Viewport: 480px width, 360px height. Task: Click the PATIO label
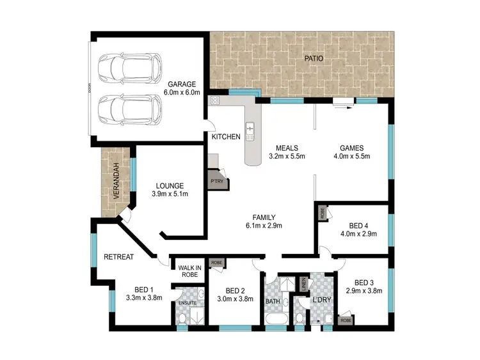point(313,58)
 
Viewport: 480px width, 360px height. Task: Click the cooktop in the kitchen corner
point(214,100)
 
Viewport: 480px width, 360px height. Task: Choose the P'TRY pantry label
point(216,181)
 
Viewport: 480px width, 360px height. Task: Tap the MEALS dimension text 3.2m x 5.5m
point(286,155)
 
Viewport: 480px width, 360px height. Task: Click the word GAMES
point(353,146)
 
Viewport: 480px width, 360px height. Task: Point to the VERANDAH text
point(116,182)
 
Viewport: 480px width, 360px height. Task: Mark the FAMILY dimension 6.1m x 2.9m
point(264,225)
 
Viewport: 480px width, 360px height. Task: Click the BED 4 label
point(358,224)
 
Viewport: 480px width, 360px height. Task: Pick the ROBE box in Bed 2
point(216,263)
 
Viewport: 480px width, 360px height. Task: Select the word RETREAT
point(118,257)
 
